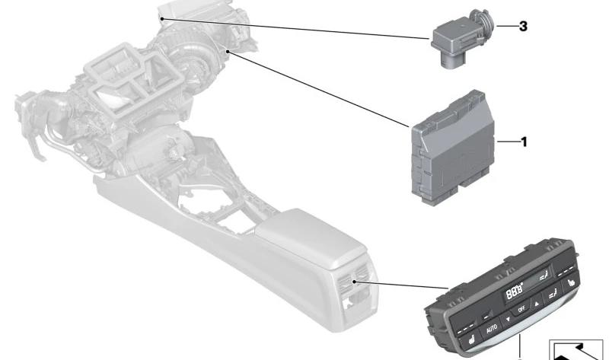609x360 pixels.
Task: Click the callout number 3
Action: click(x=523, y=26)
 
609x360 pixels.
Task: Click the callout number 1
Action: click(x=523, y=142)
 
